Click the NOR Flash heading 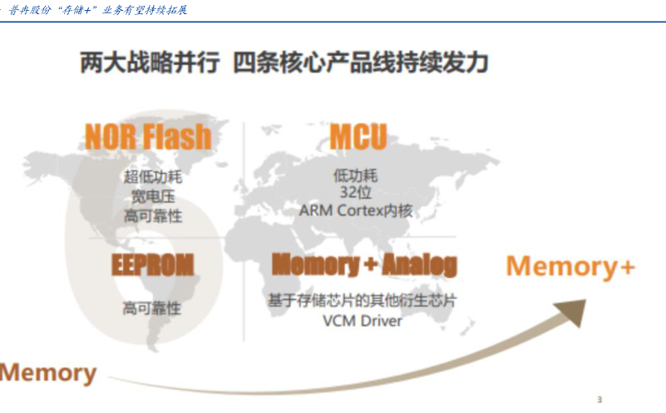147,136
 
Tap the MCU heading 358,136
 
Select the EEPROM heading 152,265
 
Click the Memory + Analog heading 364,265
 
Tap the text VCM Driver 362,321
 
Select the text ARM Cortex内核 356,211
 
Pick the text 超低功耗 152,177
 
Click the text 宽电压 152,197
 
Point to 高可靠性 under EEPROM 152,308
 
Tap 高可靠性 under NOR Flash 152,216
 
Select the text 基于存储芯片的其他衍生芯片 362,301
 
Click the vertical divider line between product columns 244,233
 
